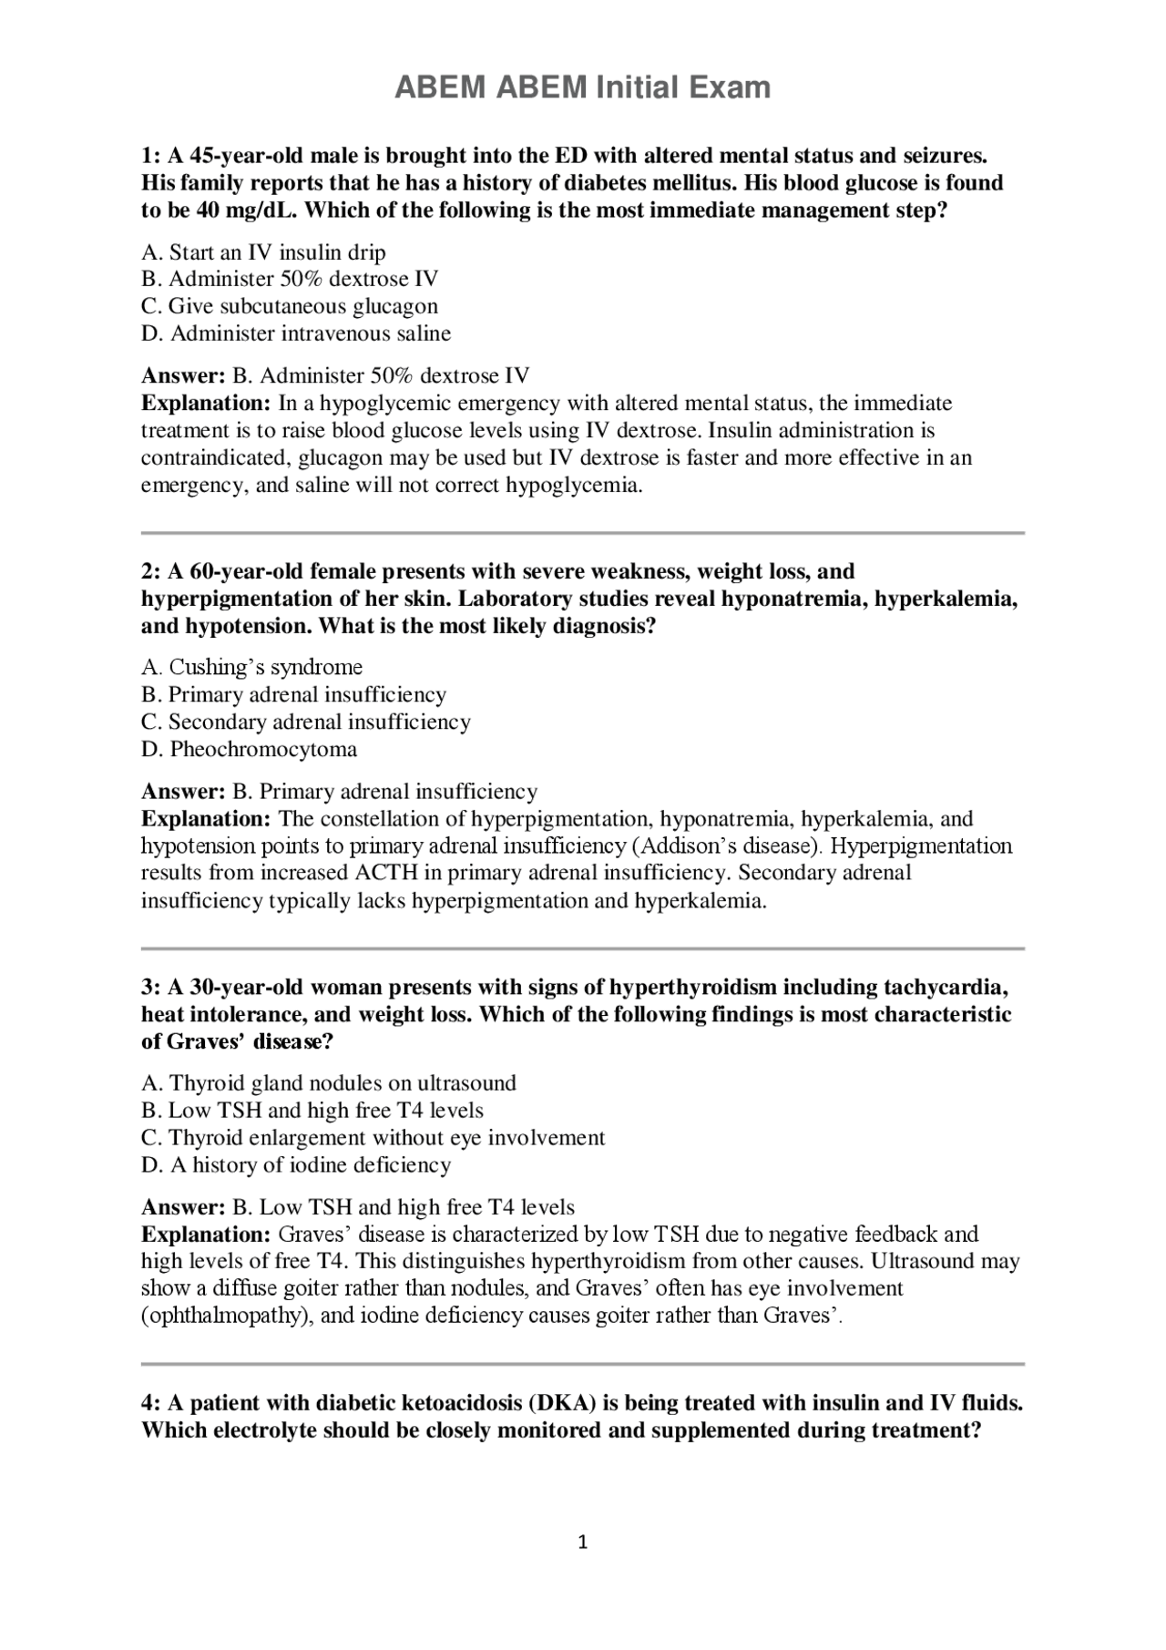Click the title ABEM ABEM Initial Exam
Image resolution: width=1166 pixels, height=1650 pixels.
[582, 87]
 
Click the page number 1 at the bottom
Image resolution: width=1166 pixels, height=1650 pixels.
[583, 1542]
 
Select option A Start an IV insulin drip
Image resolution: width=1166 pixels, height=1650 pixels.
[263, 252]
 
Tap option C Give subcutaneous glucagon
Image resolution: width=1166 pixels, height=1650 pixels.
[290, 306]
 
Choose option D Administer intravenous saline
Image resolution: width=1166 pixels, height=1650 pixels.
[296, 333]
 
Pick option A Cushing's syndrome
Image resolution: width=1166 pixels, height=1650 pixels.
[252, 667]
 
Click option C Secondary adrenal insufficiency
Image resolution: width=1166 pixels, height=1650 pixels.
[306, 723]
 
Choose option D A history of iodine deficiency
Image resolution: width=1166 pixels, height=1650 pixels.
[296, 1165]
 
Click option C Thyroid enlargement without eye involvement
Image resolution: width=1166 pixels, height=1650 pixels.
[373, 1138]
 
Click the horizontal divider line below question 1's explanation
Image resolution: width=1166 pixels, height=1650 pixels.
[582, 532]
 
